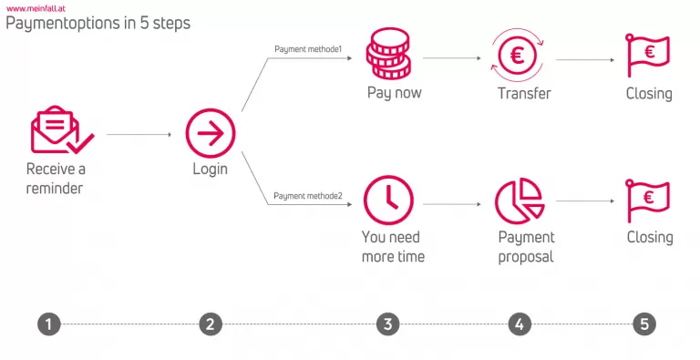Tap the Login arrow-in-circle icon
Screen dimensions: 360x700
tap(211, 135)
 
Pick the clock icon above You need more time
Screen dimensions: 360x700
tap(388, 200)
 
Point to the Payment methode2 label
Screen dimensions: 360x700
tap(308, 196)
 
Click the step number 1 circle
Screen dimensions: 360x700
tap(49, 324)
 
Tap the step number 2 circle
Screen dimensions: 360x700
tap(211, 324)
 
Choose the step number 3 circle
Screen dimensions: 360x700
tap(388, 324)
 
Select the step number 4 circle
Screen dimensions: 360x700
tap(519, 324)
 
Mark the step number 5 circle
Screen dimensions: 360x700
tap(644, 324)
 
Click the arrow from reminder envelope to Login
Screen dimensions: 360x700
tap(139, 135)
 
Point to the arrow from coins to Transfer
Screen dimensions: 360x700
tap(451, 57)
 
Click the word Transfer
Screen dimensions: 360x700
tap(524, 93)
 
